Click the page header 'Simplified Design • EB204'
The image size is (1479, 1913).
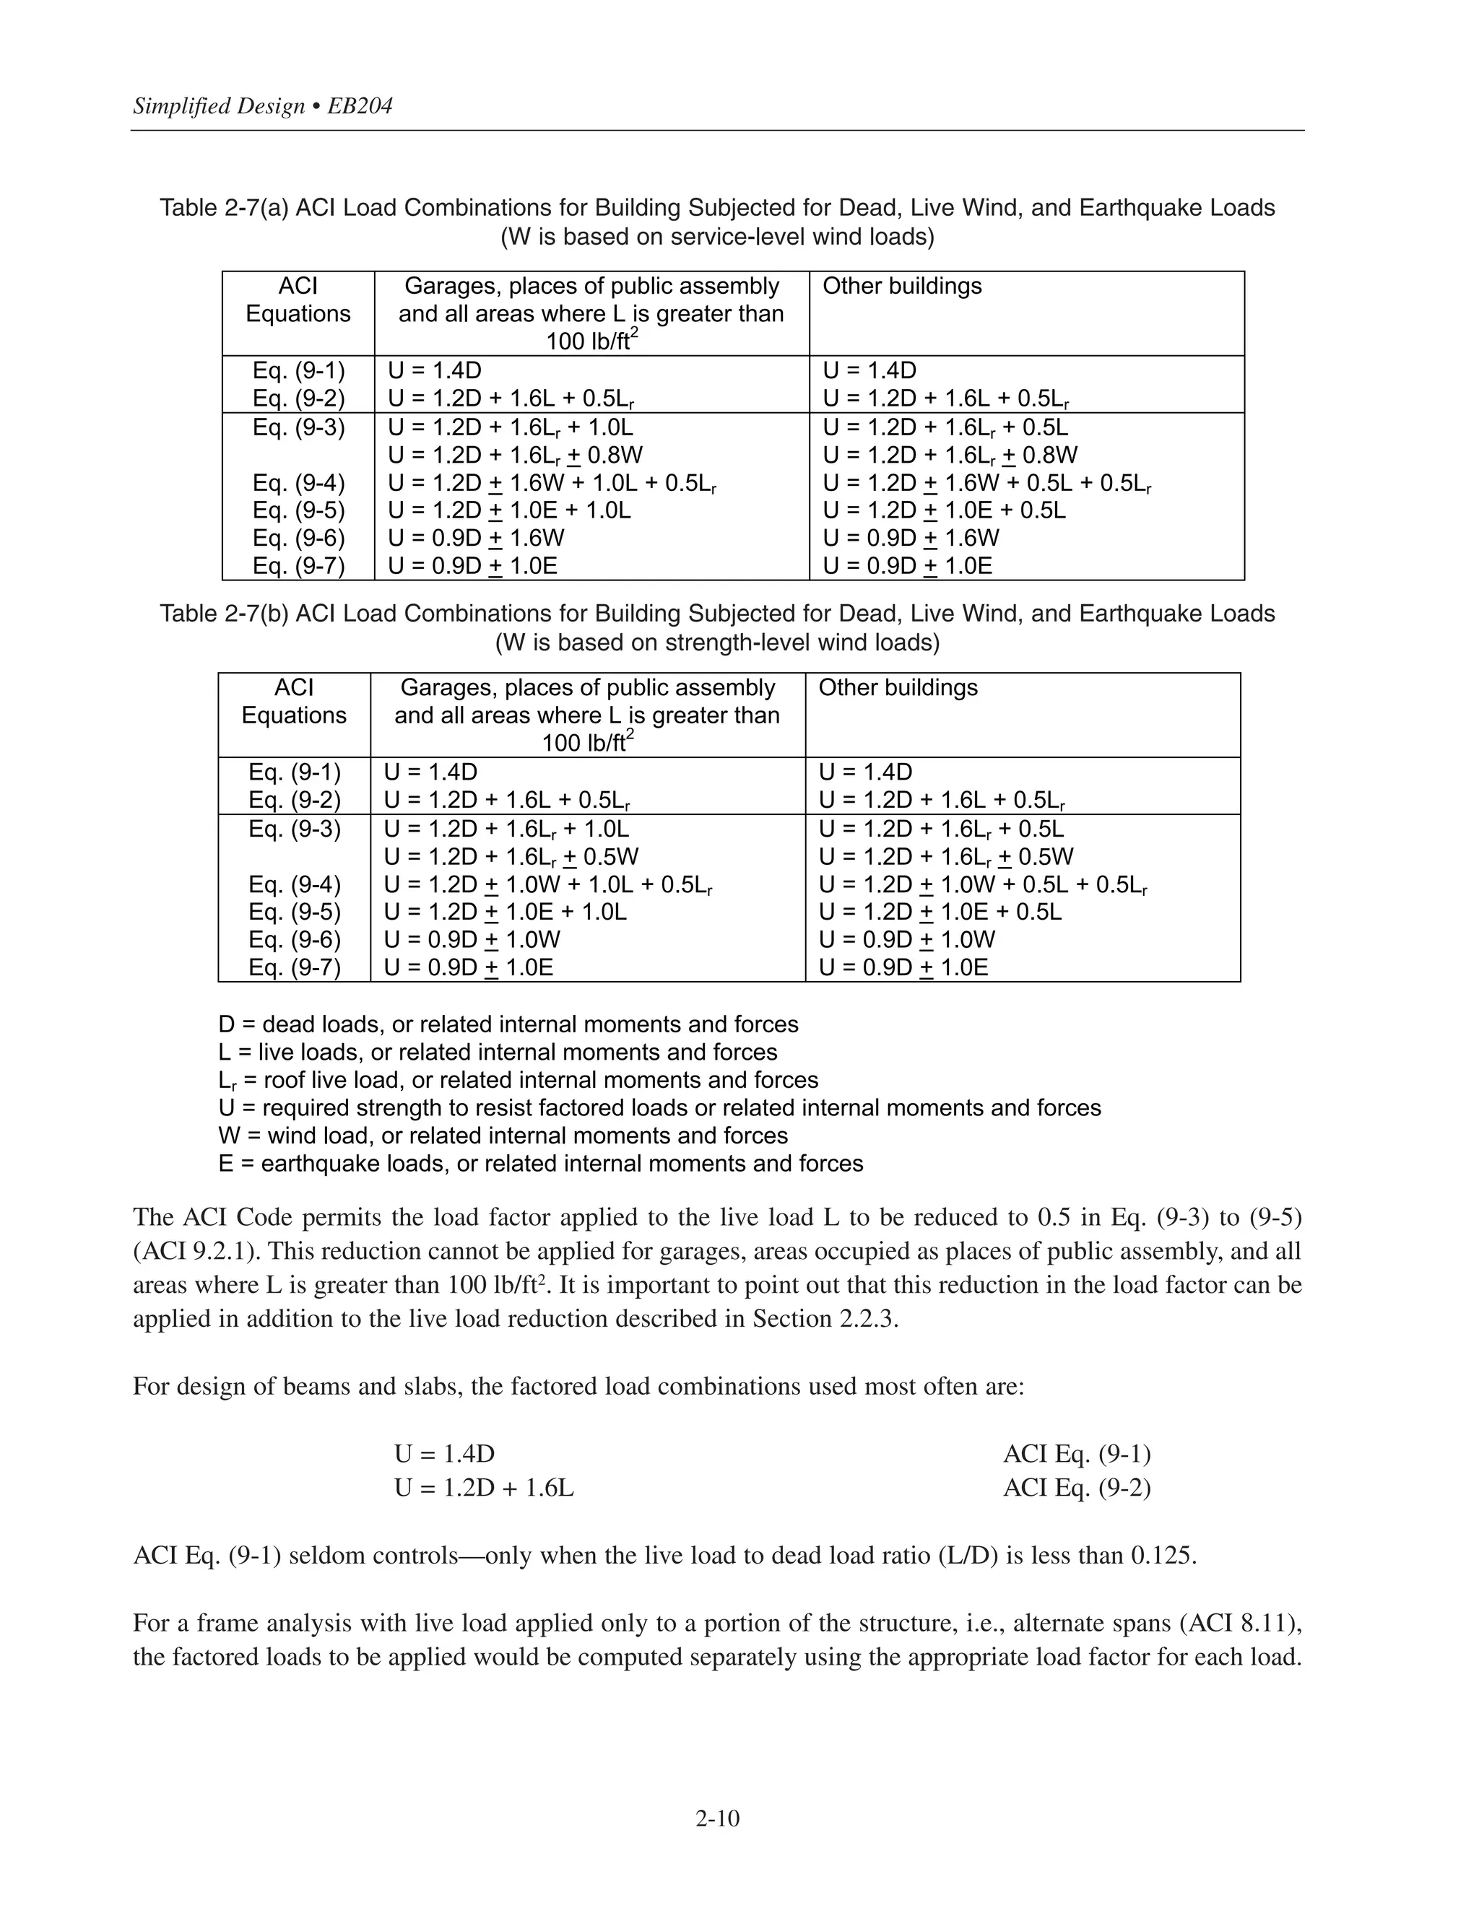(x=262, y=107)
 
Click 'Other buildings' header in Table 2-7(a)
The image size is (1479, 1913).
(x=901, y=287)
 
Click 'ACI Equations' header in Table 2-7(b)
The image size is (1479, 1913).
(x=295, y=702)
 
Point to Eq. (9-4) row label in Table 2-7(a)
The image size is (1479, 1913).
(x=299, y=483)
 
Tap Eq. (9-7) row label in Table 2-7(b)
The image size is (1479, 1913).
(x=295, y=967)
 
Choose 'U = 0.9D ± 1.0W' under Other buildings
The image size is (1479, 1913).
(x=907, y=940)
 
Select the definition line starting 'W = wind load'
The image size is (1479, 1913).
(x=503, y=1136)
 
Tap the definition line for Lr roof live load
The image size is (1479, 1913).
(x=518, y=1080)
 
